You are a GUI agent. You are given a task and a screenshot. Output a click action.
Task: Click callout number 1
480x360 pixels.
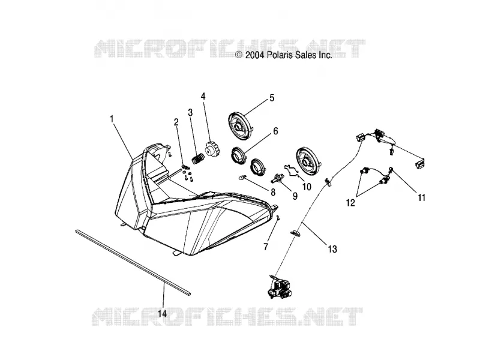coord(112,119)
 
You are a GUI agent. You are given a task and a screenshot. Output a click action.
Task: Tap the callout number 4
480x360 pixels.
coord(203,97)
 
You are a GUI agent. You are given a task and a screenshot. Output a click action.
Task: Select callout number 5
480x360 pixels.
coord(272,98)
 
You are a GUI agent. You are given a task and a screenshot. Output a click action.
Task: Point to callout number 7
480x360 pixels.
coord(265,246)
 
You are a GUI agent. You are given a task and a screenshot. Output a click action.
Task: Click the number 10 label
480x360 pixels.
coord(307,187)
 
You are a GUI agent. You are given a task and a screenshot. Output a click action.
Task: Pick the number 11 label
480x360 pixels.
coord(422,198)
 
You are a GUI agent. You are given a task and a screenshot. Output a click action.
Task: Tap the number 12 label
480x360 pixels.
coord(350,203)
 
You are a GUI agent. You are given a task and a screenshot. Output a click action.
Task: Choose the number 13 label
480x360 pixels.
coord(332,249)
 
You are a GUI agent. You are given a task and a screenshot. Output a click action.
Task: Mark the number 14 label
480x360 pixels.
coord(163,313)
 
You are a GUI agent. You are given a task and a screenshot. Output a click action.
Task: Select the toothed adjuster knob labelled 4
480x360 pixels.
coord(212,149)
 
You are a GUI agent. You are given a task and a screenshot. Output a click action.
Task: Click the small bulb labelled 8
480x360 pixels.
coord(243,177)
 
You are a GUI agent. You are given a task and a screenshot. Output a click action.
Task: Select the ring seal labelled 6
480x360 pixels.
coord(239,154)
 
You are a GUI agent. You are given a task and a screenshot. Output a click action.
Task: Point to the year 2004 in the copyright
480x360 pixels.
coord(255,55)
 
